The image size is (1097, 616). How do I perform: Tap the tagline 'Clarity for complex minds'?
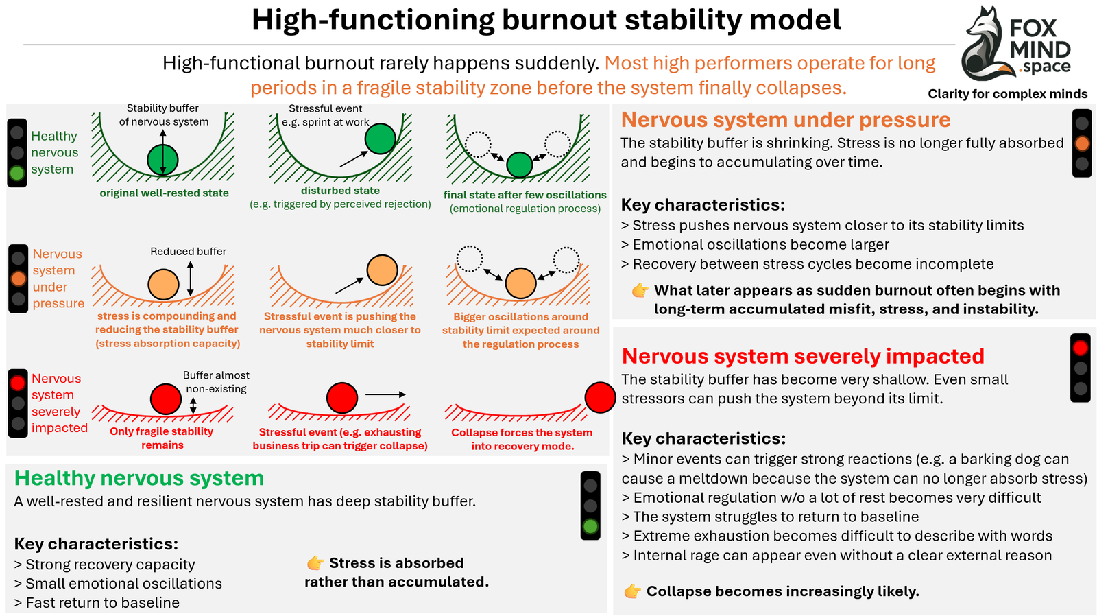coord(1007,94)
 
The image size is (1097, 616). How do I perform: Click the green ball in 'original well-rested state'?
coord(162,160)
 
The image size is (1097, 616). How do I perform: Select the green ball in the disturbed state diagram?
coord(380,139)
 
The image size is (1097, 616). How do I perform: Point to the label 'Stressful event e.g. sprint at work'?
coord(326,115)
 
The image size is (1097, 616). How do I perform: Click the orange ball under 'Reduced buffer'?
coord(163,284)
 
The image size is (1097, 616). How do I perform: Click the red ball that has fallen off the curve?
coord(600,398)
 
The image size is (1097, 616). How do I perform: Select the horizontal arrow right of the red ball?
coord(385,394)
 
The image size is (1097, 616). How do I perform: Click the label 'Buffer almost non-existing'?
coord(216,382)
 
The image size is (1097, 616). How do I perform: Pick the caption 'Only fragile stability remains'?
coord(162,438)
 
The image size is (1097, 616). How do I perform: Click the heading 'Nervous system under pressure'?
coord(785,120)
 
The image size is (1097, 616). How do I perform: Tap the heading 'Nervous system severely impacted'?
coord(802,356)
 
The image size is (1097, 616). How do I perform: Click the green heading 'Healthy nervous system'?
coord(139,478)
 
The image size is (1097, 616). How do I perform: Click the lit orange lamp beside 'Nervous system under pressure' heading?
coord(1082,143)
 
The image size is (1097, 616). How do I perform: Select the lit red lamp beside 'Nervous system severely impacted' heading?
coord(1081,348)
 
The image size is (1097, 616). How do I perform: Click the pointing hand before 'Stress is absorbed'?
coord(315,563)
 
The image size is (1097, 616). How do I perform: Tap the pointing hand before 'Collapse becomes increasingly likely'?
coord(633,591)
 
